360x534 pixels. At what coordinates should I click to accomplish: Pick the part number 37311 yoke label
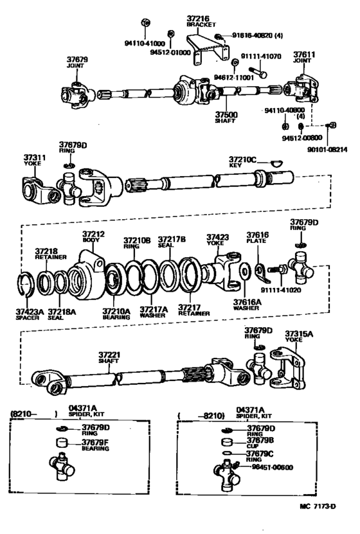point(34,158)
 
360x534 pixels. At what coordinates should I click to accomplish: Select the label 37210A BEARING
point(116,314)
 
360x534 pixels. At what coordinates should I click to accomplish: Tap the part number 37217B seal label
point(172,240)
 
